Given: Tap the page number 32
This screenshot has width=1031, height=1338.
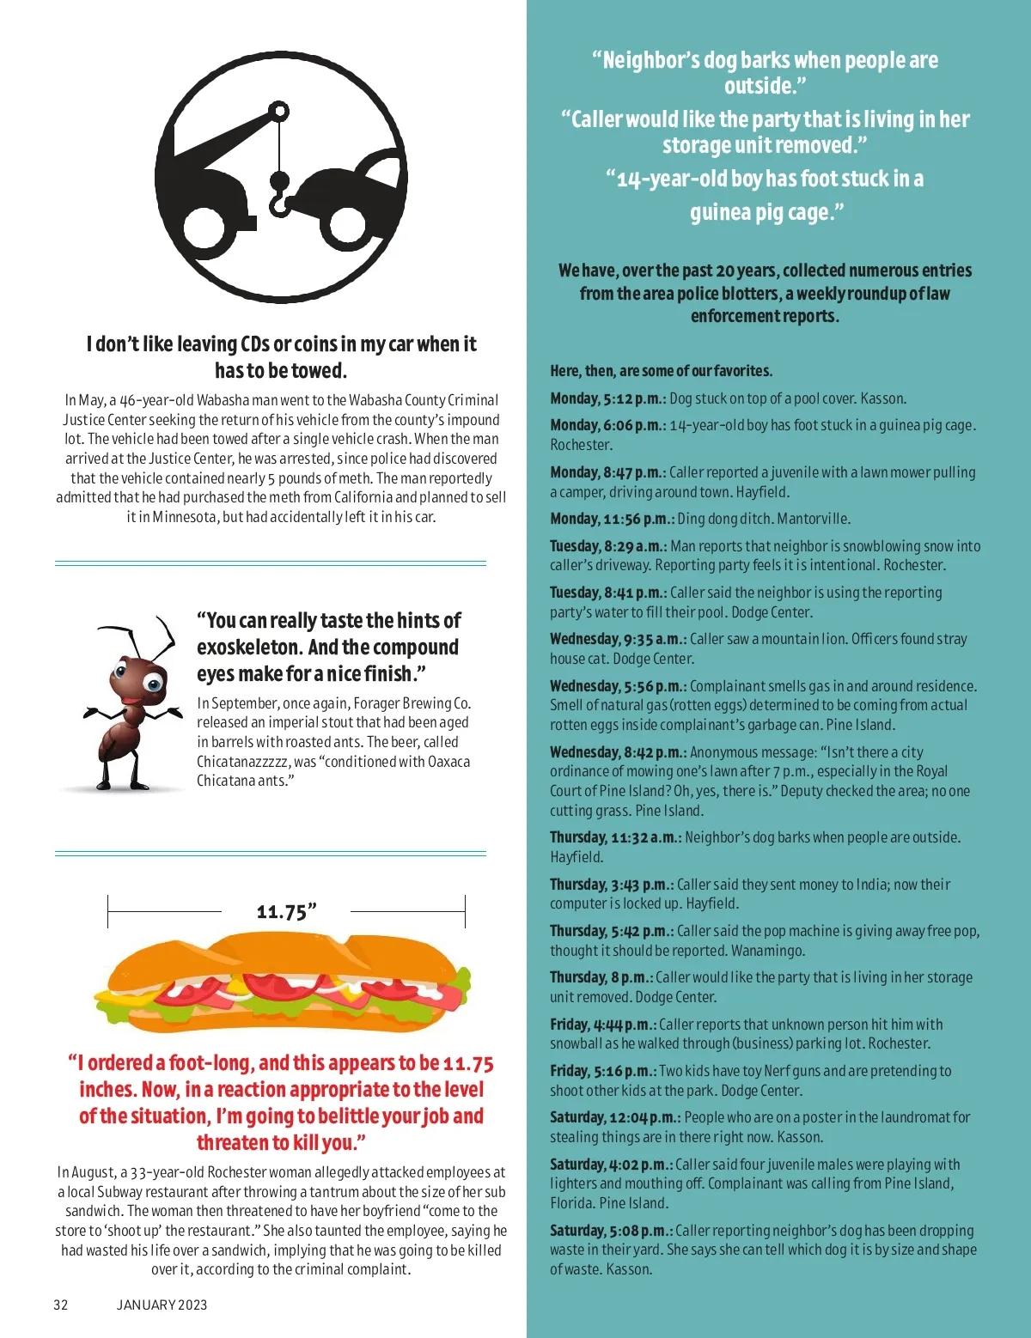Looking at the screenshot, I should [61, 1305].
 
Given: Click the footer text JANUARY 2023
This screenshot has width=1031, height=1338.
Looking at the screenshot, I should [162, 1305].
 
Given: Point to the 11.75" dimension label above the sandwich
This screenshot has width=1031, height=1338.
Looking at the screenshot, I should [286, 912].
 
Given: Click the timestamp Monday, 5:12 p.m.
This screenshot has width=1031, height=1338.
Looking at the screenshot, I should [607, 398].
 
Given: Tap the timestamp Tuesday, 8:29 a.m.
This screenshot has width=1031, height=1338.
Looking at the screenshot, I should [609, 546].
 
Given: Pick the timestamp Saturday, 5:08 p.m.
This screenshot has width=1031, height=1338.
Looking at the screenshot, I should [611, 1231].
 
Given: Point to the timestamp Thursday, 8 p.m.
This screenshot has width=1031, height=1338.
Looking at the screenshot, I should [601, 977].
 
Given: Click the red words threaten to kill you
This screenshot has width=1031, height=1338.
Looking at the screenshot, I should [282, 1143].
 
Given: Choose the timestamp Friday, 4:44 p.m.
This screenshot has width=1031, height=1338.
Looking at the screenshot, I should [603, 1025].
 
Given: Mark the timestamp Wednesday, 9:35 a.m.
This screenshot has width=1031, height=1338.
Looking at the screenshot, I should [618, 639].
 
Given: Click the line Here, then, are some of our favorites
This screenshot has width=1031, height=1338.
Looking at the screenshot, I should [661, 371].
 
